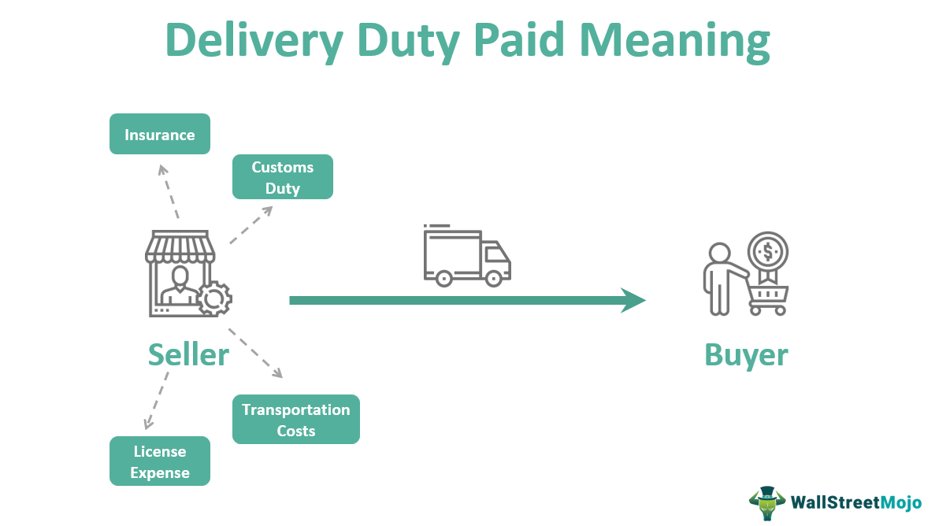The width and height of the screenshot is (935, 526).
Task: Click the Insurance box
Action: (159, 135)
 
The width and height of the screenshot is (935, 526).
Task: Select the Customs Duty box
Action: (282, 177)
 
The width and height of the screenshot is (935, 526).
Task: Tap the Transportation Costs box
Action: (295, 420)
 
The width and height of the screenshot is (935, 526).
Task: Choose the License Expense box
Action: (160, 461)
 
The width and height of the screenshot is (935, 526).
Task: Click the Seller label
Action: (188, 354)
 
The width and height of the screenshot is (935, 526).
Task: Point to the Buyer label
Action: (745, 354)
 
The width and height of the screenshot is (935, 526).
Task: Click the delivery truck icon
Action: (466, 255)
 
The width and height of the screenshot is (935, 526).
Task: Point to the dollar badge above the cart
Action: (766, 252)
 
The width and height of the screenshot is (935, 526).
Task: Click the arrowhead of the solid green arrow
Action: (633, 300)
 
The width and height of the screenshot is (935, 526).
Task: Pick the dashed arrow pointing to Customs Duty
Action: (251, 225)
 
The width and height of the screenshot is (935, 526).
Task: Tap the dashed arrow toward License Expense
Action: (156, 402)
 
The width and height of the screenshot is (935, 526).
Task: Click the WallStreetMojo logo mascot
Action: (767, 503)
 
